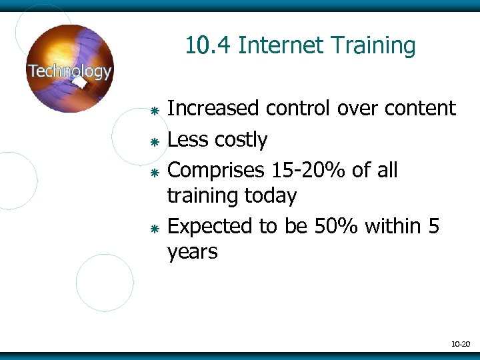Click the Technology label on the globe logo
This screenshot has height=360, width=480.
click(x=69, y=71)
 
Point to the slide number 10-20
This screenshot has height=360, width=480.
click(x=461, y=344)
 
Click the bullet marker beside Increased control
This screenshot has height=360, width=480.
click(x=153, y=109)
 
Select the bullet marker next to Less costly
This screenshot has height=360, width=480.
click(x=153, y=141)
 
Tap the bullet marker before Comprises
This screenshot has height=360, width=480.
click(x=153, y=171)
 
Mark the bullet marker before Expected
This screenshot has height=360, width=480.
click(x=153, y=228)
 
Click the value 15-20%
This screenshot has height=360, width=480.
click(x=309, y=171)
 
